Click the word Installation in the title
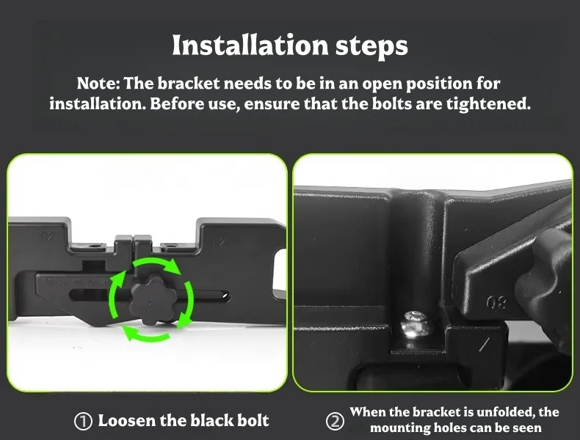[250, 45]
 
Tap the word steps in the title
[371, 47]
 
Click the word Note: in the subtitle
[98, 83]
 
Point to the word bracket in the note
[189, 83]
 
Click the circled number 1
[83, 421]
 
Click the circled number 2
[335, 422]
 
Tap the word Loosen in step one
[126, 421]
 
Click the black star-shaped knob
[150, 301]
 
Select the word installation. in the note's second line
[98, 104]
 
